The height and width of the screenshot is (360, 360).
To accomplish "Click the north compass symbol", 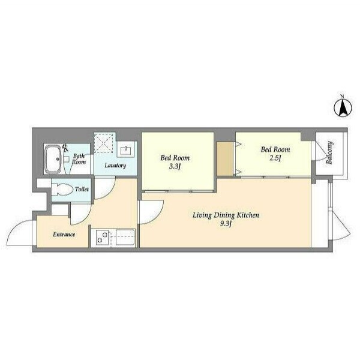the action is click(x=343, y=108).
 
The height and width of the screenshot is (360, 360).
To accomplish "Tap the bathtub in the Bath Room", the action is click(x=53, y=159).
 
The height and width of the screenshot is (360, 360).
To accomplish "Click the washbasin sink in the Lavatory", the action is click(x=125, y=151).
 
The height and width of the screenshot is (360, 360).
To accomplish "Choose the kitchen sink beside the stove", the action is click(x=125, y=238).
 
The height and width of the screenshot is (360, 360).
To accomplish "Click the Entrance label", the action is click(x=64, y=235).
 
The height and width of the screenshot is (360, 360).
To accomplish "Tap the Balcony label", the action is click(x=329, y=152).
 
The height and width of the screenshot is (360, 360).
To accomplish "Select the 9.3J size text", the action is click(x=225, y=224).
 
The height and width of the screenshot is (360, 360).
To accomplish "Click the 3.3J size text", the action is click(x=175, y=166).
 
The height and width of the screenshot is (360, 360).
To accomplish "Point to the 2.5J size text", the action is click(x=275, y=158).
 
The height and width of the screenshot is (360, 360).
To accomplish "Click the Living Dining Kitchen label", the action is click(x=226, y=215).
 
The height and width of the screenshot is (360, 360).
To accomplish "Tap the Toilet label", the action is click(x=82, y=189).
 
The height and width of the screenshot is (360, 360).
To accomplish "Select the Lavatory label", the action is click(x=115, y=166).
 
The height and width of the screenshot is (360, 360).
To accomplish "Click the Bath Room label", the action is click(x=79, y=159).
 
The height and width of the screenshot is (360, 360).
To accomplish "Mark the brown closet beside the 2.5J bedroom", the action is click(x=225, y=159).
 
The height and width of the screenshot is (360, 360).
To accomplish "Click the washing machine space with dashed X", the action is click(x=104, y=143).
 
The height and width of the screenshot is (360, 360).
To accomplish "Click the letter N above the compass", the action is click(x=342, y=97).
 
